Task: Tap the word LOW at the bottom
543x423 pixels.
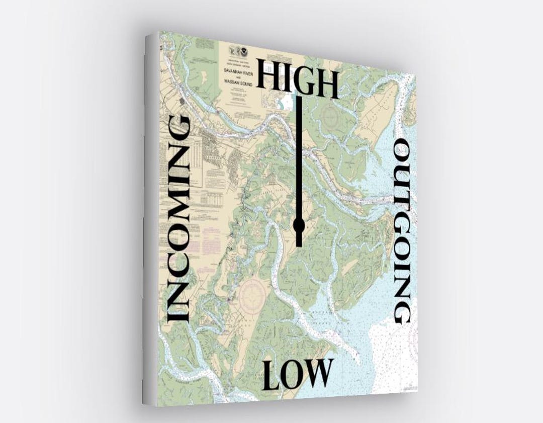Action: pyautogui.click(x=298, y=374)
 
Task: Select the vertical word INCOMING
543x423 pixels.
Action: pyautogui.click(x=178, y=219)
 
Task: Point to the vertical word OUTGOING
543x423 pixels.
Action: pyautogui.click(x=402, y=231)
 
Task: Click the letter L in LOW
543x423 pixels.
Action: pyautogui.click(x=272, y=376)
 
